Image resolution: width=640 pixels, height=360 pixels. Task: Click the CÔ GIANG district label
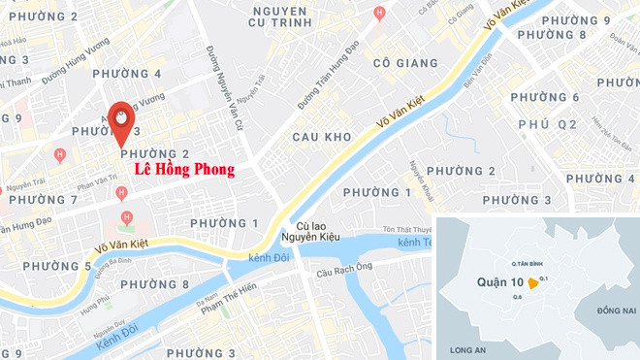(x=401, y=61)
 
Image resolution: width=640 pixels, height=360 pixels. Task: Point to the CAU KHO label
(x=321, y=138)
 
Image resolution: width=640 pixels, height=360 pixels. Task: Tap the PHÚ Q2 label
(x=547, y=125)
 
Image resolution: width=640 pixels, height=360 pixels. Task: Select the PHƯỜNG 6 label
(x=545, y=98)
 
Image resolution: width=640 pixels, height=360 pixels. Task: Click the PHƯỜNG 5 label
(x=56, y=266)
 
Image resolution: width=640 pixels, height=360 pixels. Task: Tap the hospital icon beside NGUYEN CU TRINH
(x=379, y=13)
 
